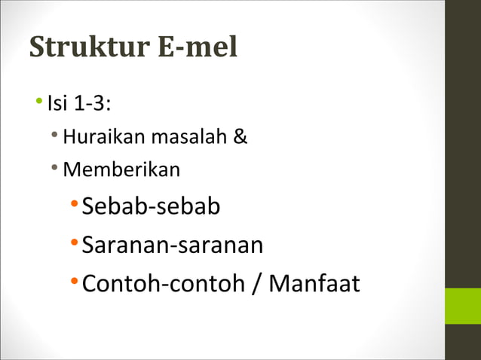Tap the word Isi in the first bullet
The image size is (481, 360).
point(57,102)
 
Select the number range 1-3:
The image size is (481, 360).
point(93,102)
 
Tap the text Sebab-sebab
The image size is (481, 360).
point(151,206)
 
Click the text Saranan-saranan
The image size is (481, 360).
point(172,245)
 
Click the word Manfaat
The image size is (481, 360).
point(314,284)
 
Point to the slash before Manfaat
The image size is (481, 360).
point(256,284)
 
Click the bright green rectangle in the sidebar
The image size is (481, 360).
point(462,306)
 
